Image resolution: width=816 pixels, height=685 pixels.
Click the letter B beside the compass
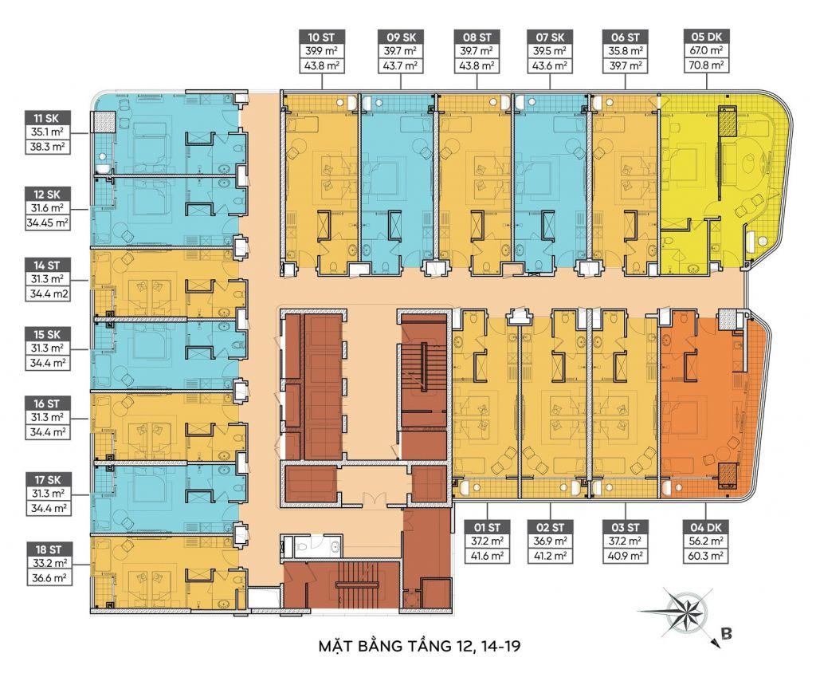tap(726, 635)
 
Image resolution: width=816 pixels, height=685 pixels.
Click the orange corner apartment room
tap(701, 399)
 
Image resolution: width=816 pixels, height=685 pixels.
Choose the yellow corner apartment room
tap(717, 175)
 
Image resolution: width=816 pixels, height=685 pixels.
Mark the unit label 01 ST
tap(487, 527)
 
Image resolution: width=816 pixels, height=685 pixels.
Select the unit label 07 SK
tap(551, 37)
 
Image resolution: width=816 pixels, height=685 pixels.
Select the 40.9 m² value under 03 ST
tap(626, 557)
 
